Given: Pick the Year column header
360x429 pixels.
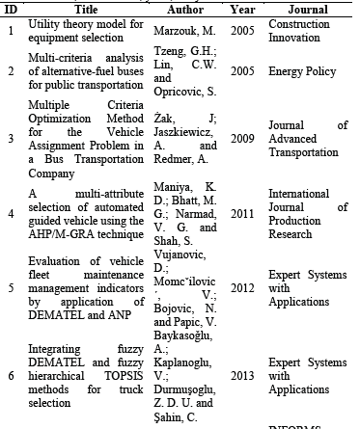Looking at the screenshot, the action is (242, 8).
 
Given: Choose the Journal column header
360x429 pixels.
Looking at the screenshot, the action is (302, 8).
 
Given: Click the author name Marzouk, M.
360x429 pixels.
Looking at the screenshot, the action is (185, 31).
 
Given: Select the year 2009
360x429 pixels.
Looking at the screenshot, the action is (242, 138).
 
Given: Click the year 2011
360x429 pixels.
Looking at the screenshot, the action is (242, 205).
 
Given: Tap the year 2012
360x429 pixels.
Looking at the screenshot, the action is (242, 286).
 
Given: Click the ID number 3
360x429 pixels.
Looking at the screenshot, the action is (11, 138).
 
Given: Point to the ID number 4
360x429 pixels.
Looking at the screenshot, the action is (11, 205).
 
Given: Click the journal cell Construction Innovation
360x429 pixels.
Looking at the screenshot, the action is (298, 31).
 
